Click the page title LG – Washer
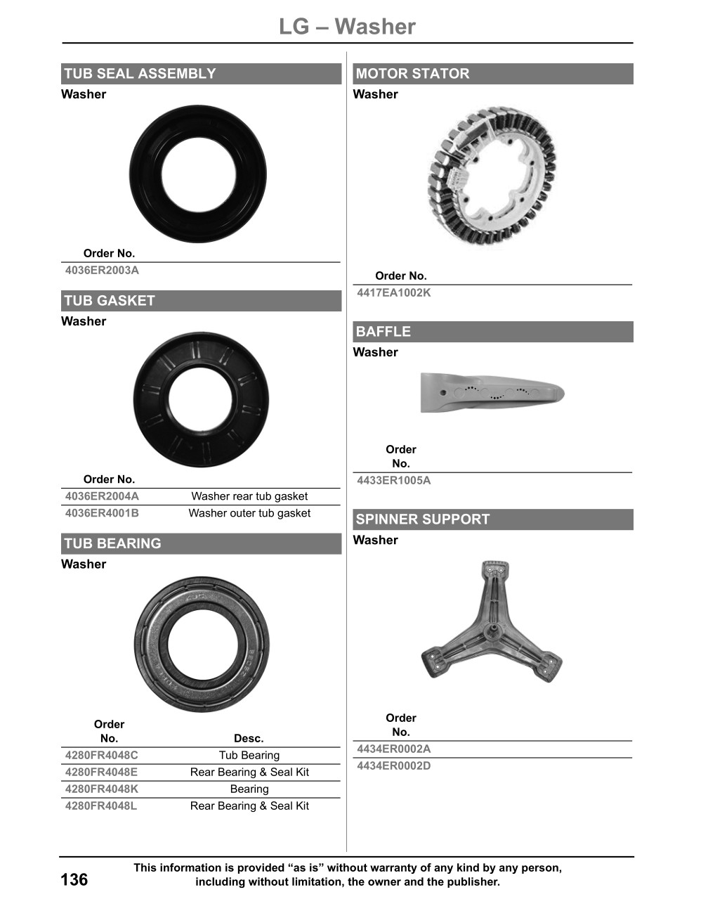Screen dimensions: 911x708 (x=347, y=27)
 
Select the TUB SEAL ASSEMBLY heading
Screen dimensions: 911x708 (x=140, y=74)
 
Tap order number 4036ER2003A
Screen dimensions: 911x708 (x=102, y=270)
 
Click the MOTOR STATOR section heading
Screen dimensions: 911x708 (x=412, y=74)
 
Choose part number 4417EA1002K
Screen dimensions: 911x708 (x=393, y=292)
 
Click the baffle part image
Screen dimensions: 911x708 (x=492, y=392)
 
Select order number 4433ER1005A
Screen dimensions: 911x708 (x=393, y=481)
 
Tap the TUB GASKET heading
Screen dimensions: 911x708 (x=110, y=301)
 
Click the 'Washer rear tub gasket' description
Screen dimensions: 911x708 (x=249, y=496)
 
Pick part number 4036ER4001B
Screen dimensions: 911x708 (x=102, y=513)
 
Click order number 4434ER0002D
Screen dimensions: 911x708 (x=393, y=765)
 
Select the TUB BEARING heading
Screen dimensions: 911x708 (x=112, y=543)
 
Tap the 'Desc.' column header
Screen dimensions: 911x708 (x=249, y=738)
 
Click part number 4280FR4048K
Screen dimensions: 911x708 (x=102, y=789)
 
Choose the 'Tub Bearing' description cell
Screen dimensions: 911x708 (x=249, y=755)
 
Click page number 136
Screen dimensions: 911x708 (x=74, y=879)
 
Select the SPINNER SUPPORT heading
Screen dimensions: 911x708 (x=422, y=519)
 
